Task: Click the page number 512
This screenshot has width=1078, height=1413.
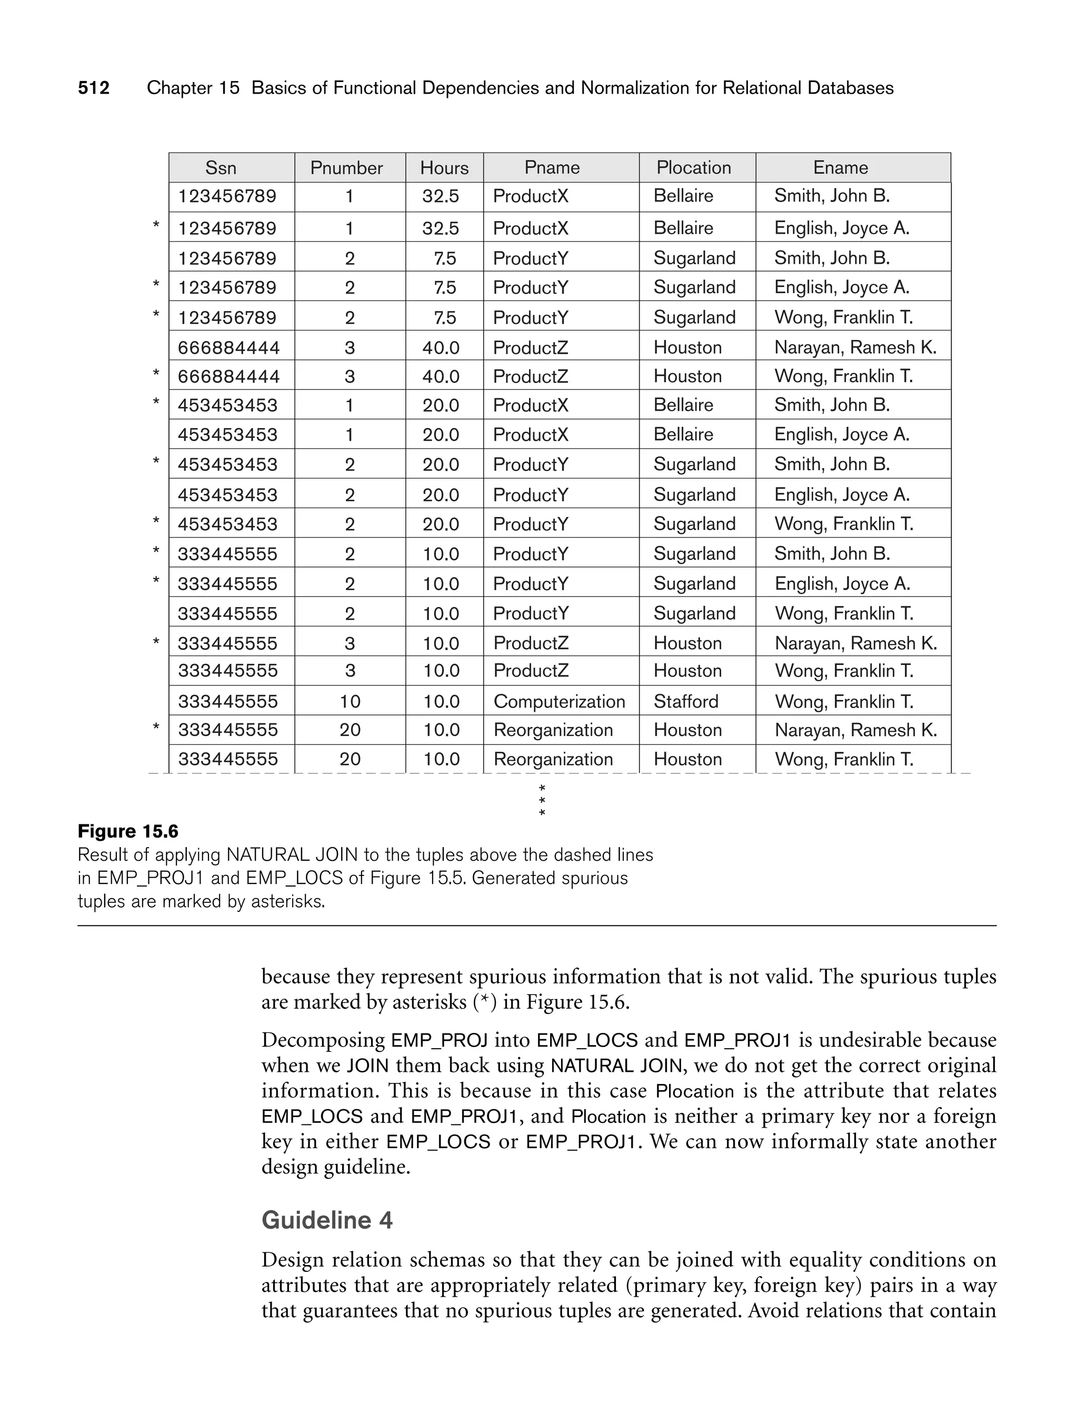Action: tap(94, 88)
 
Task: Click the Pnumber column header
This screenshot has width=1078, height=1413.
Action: tap(346, 168)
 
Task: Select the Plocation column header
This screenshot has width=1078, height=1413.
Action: tap(694, 168)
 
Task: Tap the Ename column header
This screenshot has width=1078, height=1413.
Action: tap(841, 168)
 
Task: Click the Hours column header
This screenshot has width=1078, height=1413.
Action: tap(444, 168)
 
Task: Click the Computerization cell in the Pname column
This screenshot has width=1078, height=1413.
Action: tap(559, 701)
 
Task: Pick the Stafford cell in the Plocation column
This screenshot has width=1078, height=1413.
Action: tap(686, 701)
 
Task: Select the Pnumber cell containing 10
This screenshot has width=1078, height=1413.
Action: tap(350, 701)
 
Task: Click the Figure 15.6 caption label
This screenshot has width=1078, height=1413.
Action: tap(128, 832)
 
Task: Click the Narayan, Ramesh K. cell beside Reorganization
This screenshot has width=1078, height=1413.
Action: tap(856, 730)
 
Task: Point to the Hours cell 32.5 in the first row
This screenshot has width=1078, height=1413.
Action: tap(441, 196)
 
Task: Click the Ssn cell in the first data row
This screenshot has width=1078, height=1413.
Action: tap(227, 196)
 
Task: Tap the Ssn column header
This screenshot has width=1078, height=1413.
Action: tap(221, 168)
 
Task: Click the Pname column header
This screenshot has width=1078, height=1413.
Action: tap(552, 168)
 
